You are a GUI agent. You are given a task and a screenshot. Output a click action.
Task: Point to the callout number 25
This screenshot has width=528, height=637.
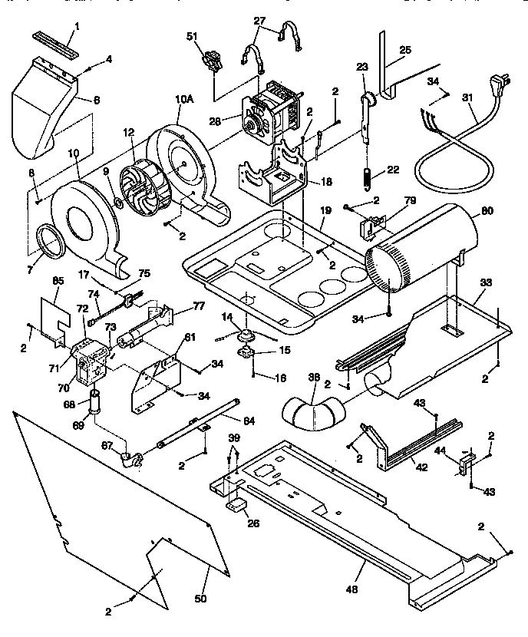[x=405, y=50]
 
